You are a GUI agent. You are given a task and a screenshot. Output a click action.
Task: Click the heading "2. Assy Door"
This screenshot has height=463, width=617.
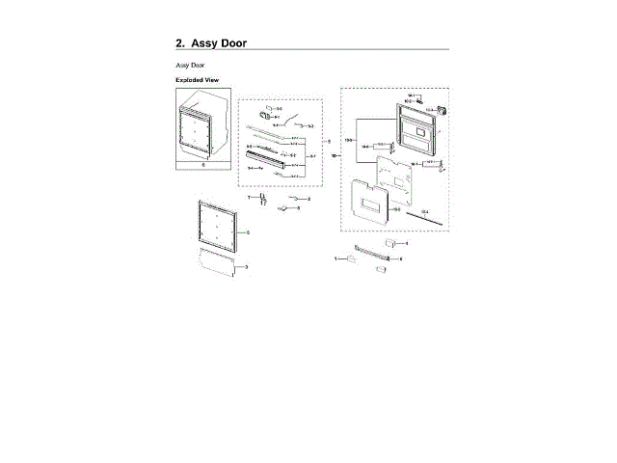click(x=211, y=43)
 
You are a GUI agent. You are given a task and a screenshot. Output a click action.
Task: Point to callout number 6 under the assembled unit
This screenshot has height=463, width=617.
click(x=203, y=165)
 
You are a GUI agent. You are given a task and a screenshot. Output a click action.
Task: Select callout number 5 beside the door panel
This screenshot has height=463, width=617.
click(x=248, y=232)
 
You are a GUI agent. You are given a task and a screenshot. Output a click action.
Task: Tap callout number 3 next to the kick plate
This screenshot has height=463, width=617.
click(x=247, y=266)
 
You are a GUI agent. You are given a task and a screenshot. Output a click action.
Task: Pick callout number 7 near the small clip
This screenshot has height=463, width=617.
click(x=248, y=197)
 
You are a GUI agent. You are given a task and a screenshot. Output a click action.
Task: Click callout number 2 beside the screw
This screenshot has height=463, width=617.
click(x=308, y=199)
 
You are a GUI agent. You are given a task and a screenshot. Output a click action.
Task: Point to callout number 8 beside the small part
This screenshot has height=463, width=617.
click(x=299, y=208)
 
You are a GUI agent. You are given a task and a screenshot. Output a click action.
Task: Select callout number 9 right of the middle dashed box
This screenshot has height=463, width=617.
click(x=329, y=143)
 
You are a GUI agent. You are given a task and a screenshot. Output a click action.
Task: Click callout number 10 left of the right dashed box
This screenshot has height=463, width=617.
click(x=334, y=155)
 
